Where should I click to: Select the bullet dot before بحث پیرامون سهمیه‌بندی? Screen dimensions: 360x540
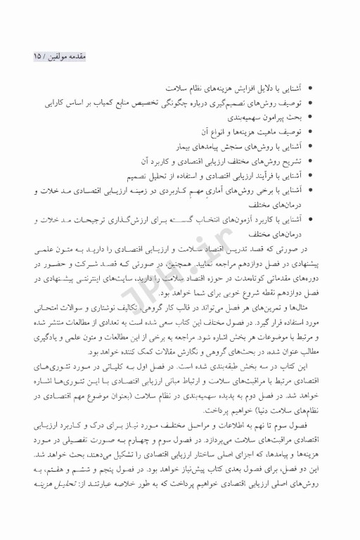coord(312,117)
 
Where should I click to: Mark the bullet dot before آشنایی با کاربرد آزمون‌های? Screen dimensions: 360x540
coord(312,220)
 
